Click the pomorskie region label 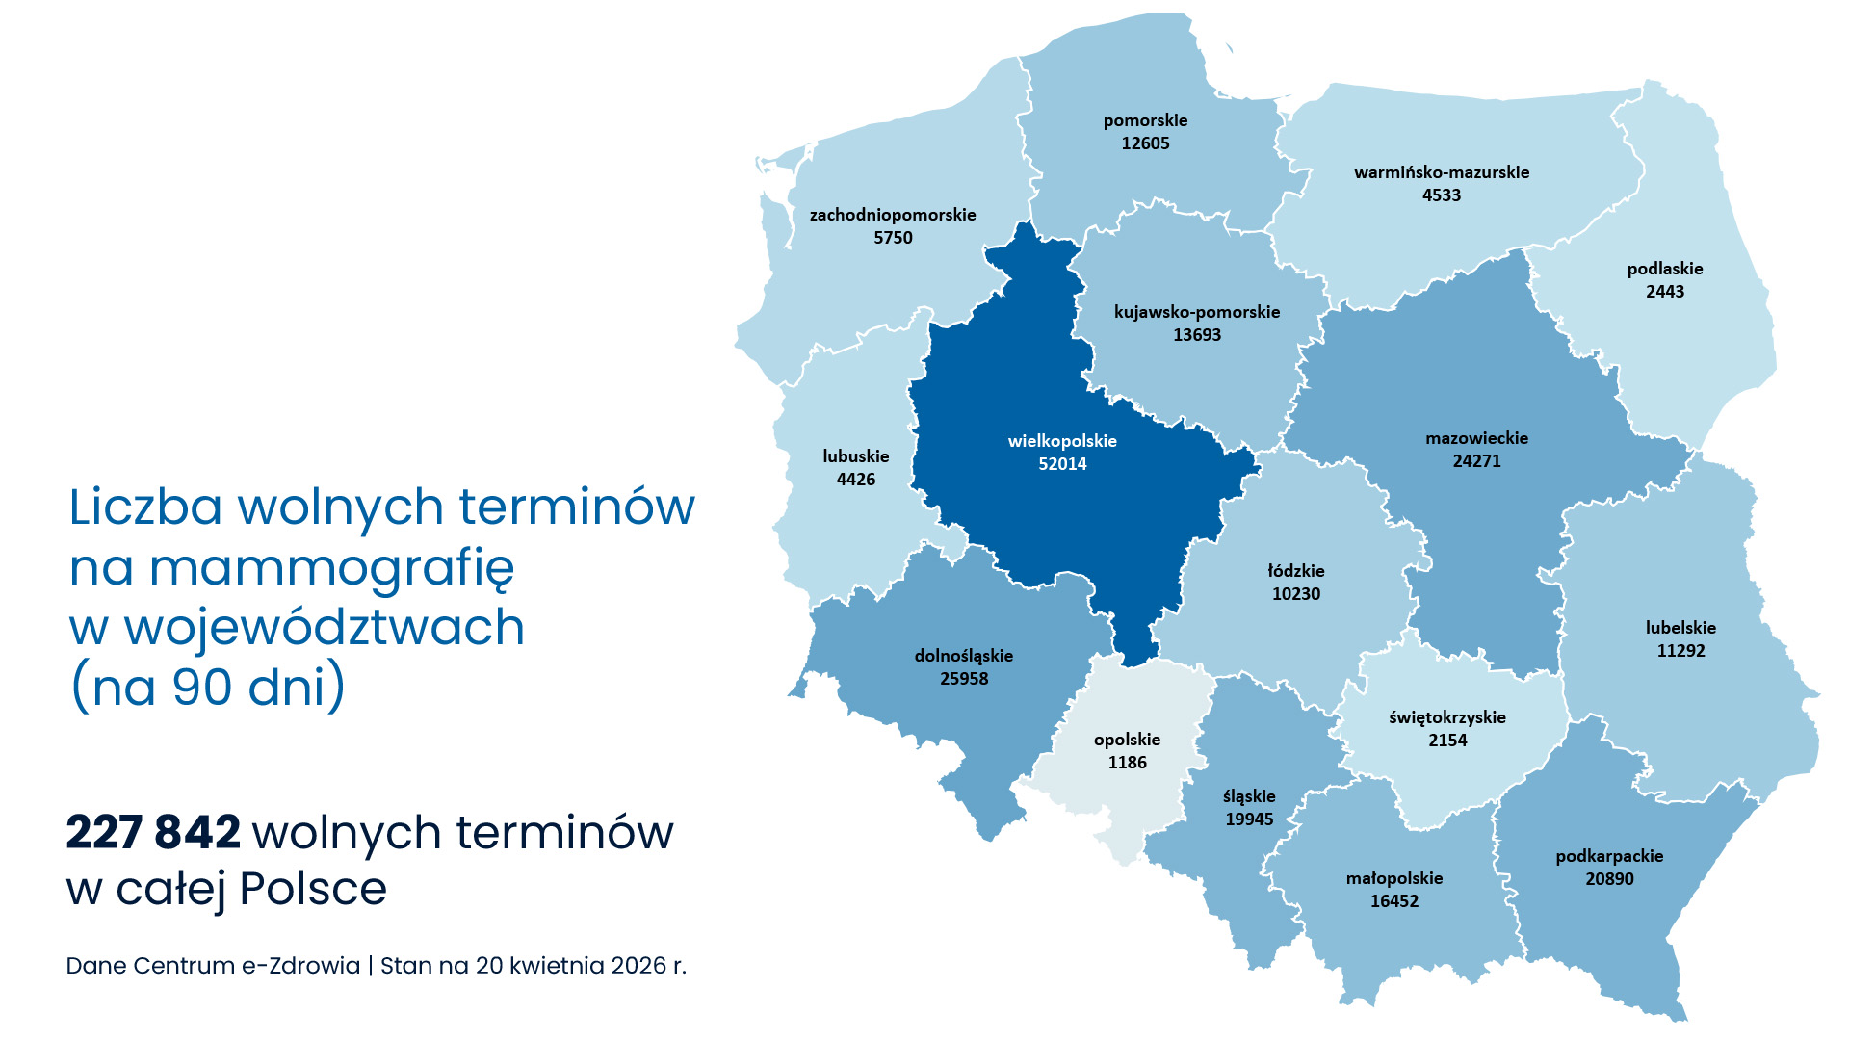[1145, 120]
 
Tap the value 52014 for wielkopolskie [1062, 464]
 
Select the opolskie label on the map [1127, 740]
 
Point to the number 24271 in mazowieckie [1476, 461]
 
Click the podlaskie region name [1664, 269]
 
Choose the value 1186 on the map [1127, 763]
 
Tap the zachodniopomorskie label [893, 215]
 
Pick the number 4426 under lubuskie [855, 480]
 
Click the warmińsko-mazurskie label [1441, 172]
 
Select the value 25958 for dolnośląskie [964, 679]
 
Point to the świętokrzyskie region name [1446, 717]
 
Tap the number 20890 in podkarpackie [1609, 879]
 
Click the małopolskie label [1393, 878]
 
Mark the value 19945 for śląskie [1249, 819]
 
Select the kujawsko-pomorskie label [1196, 312]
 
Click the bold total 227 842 [153, 833]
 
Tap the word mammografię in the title [332, 568]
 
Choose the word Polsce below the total [313, 889]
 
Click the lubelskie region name [1680, 628]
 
